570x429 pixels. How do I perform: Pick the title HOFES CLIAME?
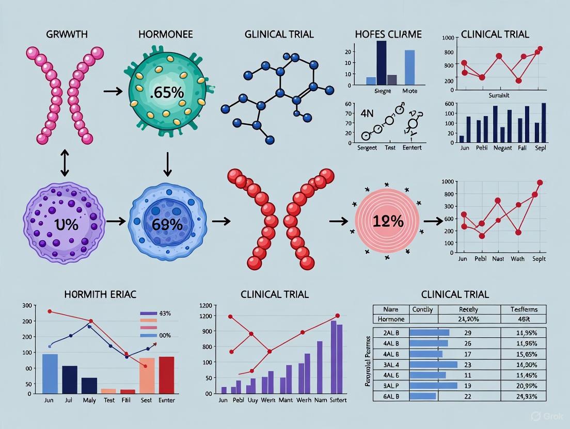(x=388, y=35)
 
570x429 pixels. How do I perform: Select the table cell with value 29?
(x=468, y=333)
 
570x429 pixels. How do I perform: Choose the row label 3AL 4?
(x=391, y=364)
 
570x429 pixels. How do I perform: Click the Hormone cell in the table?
(x=391, y=319)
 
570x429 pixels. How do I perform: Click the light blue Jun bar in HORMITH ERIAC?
(x=50, y=373)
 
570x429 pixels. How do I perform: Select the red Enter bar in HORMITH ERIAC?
(x=166, y=375)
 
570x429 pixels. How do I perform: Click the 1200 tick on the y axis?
(x=206, y=305)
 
